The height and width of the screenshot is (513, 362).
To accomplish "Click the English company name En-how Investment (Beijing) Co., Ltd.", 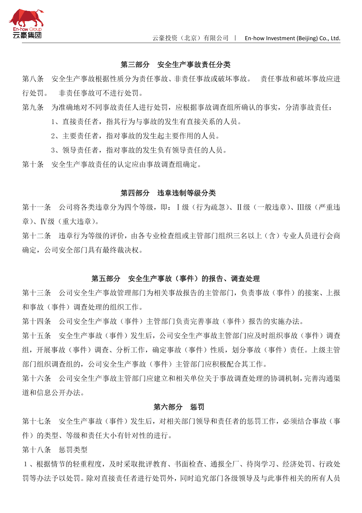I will pyautogui.click(x=292, y=38).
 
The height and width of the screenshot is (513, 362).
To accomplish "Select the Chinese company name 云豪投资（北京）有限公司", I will pyautogui.click(x=190, y=38).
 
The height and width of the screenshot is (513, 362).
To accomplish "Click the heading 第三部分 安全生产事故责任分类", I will pyautogui.click(x=176, y=65).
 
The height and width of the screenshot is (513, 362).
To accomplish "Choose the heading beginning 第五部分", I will pyautogui.click(x=176, y=278).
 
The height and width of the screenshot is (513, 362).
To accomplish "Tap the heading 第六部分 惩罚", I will pyautogui.click(x=176, y=407).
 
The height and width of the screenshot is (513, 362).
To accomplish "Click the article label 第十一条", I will pyautogui.click(x=36, y=207).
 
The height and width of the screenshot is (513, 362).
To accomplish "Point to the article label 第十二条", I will pyautogui.click(x=36, y=236).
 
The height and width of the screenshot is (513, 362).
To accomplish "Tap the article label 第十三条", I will pyautogui.click(x=36, y=293).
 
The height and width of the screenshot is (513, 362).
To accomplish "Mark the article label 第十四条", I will pyautogui.click(x=36, y=322).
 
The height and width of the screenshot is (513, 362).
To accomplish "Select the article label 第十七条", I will pyautogui.click(x=36, y=422).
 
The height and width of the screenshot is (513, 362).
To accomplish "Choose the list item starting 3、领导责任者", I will pyautogui.click(x=139, y=150).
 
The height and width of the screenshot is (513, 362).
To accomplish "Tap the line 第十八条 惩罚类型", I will pyautogui.click(x=55, y=450).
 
